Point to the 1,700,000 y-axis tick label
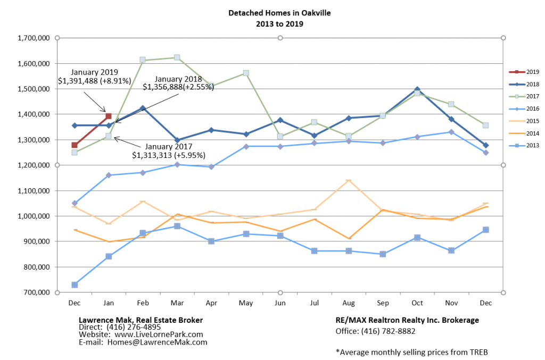click(35, 38)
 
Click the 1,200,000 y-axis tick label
click(35, 165)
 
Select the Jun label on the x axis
click(280, 303)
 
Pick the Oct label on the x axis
click(417, 303)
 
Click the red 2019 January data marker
click(109, 116)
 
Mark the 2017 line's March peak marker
click(177, 57)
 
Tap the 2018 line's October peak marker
click(417, 90)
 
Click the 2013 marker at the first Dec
click(75, 285)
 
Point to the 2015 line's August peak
click(349, 181)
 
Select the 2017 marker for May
click(246, 73)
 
